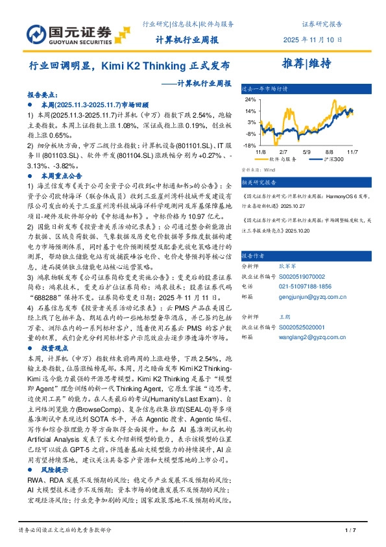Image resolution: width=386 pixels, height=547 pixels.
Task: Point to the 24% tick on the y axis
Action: coord(251,100)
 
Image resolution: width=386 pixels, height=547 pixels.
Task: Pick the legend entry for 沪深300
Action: coord(333,159)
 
